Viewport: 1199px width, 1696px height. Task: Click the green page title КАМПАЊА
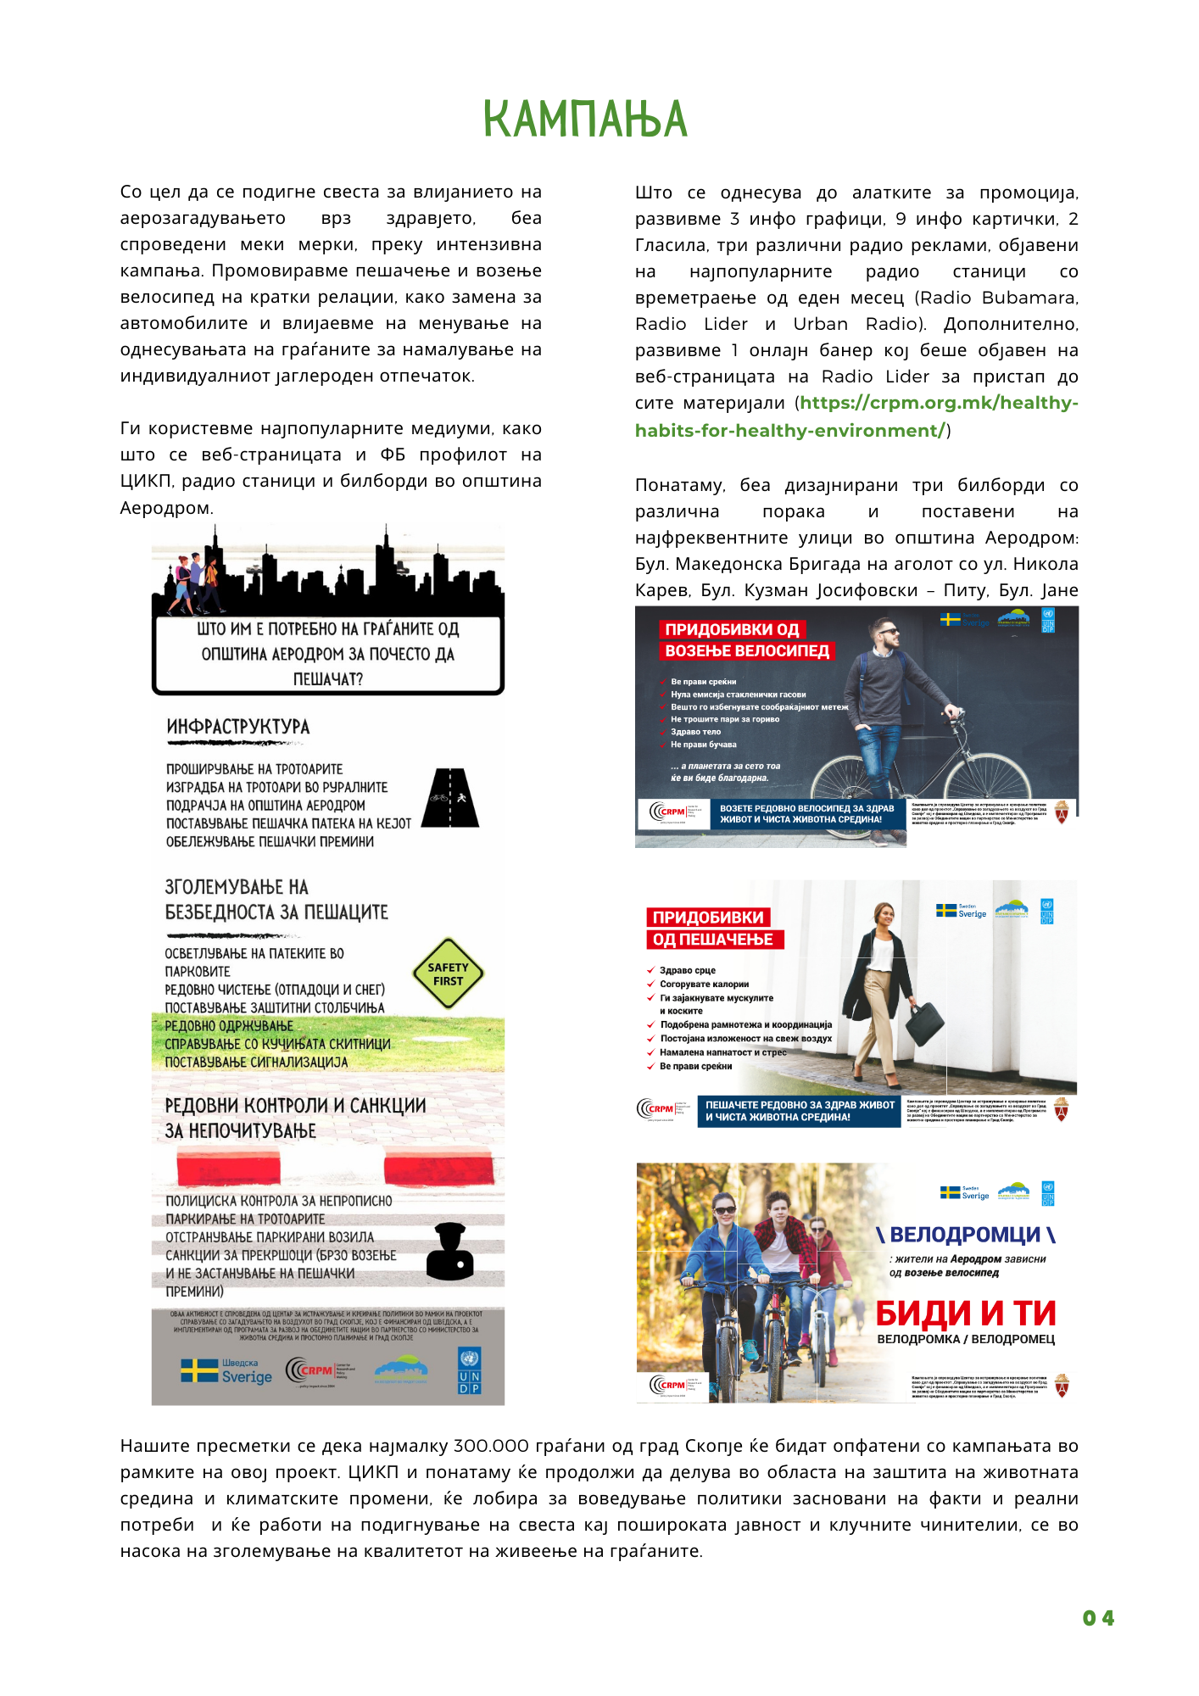[584, 119]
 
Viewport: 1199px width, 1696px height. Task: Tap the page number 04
[1098, 1618]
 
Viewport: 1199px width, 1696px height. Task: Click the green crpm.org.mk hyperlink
[856, 416]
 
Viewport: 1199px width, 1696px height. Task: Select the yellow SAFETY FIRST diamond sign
[448, 974]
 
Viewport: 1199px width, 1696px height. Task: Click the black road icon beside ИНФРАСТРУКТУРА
[450, 797]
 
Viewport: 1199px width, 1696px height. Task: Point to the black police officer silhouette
[449, 1252]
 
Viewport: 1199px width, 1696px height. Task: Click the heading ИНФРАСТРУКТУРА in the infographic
[238, 727]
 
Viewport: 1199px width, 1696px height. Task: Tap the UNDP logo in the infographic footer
[469, 1370]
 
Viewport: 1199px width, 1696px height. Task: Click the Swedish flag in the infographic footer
[199, 1370]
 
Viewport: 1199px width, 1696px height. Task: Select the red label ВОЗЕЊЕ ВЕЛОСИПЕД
[747, 651]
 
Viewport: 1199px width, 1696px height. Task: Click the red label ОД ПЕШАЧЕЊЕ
[713, 940]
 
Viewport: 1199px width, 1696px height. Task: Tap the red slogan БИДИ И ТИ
[966, 1314]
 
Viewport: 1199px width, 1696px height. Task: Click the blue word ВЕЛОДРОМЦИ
[965, 1235]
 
